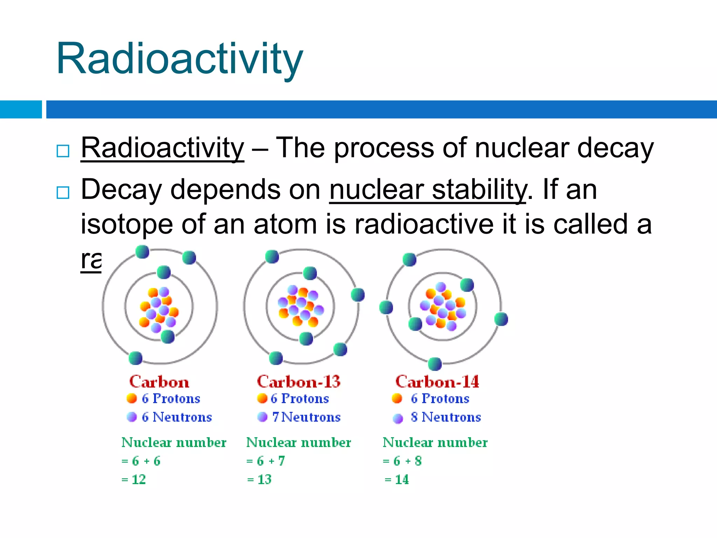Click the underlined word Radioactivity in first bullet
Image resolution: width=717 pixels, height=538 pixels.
pos(162,149)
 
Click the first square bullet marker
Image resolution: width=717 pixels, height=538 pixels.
pos(63,151)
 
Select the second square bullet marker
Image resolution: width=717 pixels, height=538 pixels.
pos(63,192)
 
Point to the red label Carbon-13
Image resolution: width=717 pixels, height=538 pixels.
pos(298,382)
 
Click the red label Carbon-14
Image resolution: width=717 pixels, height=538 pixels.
pos(437,382)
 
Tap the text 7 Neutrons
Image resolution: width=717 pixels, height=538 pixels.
pos(306,417)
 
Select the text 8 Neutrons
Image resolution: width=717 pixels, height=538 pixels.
pos(446,417)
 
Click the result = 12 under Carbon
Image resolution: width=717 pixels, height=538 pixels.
pos(134,480)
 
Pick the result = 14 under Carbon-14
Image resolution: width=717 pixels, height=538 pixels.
pos(397,480)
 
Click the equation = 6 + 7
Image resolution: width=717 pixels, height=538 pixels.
pos(265,461)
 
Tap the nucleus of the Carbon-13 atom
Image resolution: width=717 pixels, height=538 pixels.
pos(300,305)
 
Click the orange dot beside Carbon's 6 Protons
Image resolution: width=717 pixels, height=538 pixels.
pos(132,398)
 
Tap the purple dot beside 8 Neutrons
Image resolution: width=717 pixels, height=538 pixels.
pos(398,418)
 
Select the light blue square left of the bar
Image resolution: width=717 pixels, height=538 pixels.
pos(21,109)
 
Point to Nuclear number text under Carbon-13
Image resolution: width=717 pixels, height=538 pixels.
pos(298,442)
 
